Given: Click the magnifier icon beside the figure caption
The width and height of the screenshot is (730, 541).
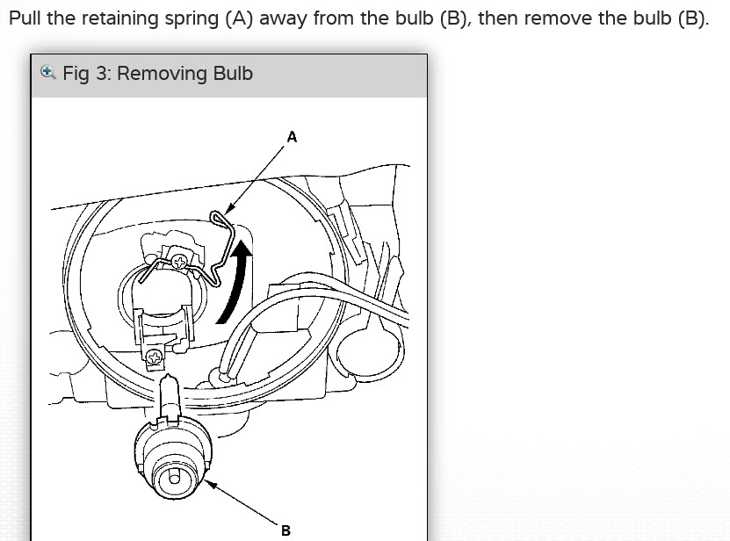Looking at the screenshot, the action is point(48,72).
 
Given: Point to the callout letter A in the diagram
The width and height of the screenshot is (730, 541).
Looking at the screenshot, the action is point(292,137).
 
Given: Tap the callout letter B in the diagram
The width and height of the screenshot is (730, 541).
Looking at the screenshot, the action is point(285,530).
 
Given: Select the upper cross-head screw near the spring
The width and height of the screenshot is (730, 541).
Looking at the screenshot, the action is point(180,261).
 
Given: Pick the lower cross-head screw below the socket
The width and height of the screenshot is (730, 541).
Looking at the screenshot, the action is point(155,357).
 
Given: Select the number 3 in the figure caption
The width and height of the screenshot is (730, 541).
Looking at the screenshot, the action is point(98,73).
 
